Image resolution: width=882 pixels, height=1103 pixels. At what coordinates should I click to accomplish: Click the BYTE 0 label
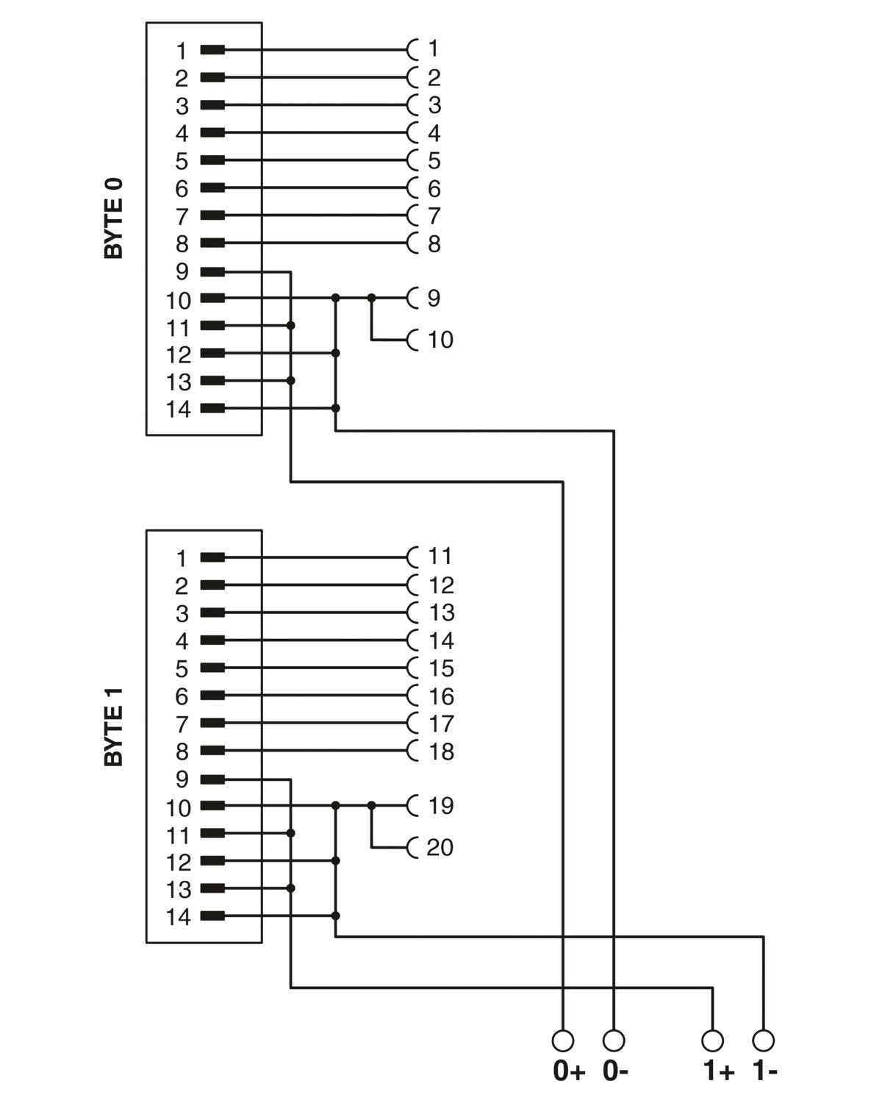[x=113, y=218]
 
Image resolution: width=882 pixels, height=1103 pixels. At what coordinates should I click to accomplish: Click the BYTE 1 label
[x=113, y=727]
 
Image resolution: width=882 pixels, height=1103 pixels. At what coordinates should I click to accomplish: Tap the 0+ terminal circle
[x=563, y=1040]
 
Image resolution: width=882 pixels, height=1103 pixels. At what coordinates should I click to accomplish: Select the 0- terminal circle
[x=614, y=1040]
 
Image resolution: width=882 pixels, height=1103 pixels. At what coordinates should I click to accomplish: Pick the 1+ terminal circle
[x=712, y=1040]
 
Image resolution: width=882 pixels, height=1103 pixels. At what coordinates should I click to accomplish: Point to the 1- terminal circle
[x=763, y=1040]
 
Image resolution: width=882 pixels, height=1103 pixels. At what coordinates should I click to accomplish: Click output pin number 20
[x=440, y=847]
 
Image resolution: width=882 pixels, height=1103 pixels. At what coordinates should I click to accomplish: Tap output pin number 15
[x=441, y=668]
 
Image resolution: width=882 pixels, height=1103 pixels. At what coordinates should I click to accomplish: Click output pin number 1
[x=434, y=49]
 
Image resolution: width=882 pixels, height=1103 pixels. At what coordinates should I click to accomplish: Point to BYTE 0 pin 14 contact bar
[x=212, y=409]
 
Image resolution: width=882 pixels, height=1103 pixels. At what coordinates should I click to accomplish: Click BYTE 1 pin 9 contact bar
[x=212, y=779]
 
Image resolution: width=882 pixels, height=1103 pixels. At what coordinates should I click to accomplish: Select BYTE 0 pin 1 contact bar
[x=212, y=50]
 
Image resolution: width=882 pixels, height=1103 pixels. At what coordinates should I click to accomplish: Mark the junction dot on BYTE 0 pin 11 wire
[x=290, y=326]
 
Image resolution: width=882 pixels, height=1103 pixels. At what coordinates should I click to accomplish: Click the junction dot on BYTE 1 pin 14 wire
[x=336, y=915]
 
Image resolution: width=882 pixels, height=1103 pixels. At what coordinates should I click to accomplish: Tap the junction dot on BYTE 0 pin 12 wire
[x=336, y=353]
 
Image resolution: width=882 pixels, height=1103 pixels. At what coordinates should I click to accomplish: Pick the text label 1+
[x=719, y=1071]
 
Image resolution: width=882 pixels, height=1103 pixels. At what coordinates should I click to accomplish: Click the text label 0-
[x=615, y=1071]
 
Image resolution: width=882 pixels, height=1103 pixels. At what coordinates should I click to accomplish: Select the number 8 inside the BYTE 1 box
[x=182, y=752]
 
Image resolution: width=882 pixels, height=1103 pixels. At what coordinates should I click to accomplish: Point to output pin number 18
[x=441, y=752]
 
